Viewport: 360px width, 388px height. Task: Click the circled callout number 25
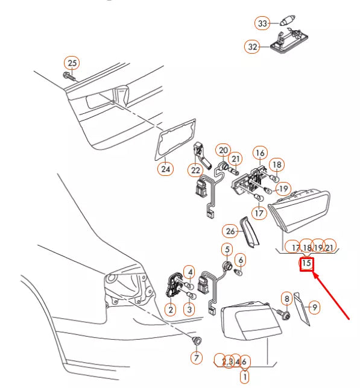72,63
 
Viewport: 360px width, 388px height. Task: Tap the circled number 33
262,23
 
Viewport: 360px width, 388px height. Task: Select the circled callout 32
252,46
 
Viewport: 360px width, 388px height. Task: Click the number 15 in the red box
306,263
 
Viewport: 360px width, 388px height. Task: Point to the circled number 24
165,169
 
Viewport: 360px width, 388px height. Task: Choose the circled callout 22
195,170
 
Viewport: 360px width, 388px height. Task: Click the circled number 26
230,231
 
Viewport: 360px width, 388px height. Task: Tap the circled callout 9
314,307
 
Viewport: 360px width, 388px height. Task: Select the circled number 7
197,357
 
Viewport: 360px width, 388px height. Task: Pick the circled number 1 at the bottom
245,377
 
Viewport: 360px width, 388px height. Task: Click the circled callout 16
260,153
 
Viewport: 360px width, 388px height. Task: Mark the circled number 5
227,249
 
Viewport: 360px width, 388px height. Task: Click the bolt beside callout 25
69,76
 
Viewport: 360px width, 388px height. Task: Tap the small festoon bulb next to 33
287,20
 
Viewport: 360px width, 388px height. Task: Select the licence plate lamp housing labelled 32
289,42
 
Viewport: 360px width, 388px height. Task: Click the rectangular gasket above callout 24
175,140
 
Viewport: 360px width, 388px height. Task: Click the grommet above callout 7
197,341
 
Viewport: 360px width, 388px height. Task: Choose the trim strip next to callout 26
249,232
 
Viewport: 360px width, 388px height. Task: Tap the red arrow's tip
313,272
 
